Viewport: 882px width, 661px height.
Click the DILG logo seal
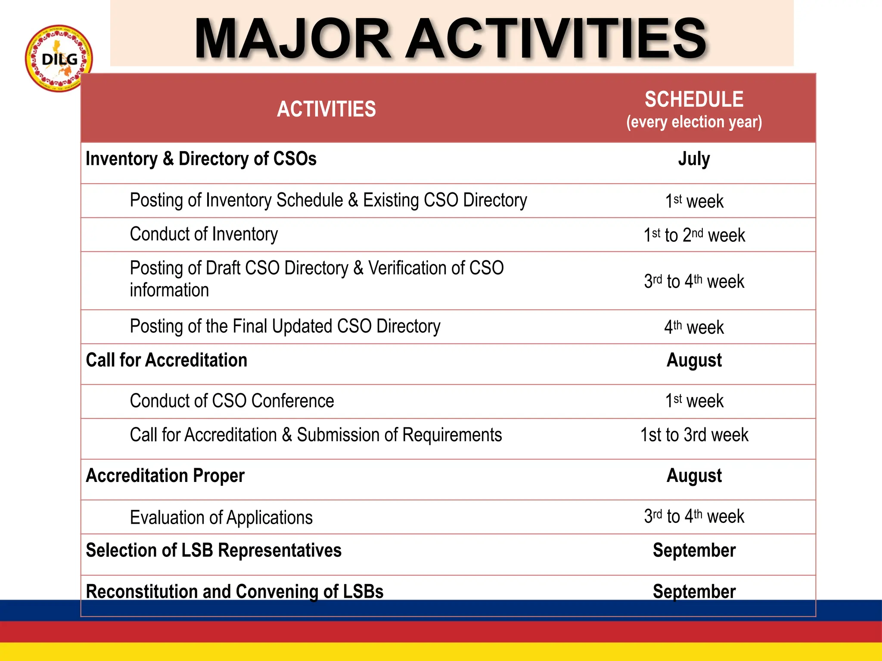coord(59,58)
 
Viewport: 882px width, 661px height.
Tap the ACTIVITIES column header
coord(326,109)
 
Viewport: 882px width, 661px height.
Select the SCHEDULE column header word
coord(694,99)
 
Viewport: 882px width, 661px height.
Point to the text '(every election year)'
coord(694,122)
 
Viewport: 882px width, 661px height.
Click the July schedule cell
coord(694,159)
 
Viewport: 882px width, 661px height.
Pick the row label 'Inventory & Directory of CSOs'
coord(201,159)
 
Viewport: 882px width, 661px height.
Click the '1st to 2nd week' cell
coord(694,235)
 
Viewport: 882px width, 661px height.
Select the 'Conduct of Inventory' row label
coord(204,235)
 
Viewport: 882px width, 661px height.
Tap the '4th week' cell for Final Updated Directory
coord(694,327)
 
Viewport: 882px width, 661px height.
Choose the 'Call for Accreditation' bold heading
coord(167,360)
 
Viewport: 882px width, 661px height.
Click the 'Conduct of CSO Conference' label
coord(232,401)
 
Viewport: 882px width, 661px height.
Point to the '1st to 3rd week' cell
coord(694,435)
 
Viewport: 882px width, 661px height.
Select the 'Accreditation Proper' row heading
coord(165,476)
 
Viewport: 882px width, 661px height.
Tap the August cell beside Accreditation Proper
coord(694,476)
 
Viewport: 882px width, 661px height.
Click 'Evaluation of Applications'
coord(221,517)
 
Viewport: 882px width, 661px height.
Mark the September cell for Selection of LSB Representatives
coord(694,550)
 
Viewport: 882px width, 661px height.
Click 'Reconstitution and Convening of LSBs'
coord(234,591)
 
